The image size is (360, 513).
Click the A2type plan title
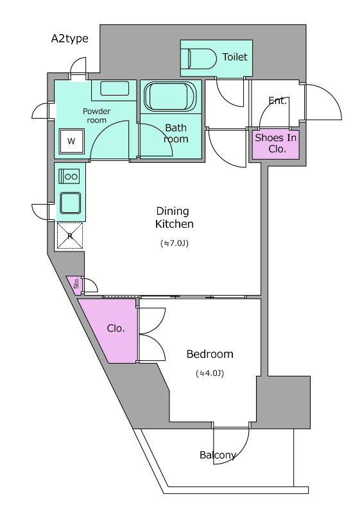[70, 38]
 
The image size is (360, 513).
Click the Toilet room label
[235, 57]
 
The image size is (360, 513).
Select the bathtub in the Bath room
[170, 96]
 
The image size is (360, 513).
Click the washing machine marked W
[72, 141]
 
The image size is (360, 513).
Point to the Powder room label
[96, 115]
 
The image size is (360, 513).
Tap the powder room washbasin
[114, 88]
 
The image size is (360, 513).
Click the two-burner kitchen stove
[69, 176]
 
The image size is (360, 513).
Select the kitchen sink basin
[70, 203]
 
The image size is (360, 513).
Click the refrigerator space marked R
[70, 235]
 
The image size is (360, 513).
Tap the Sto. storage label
[76, 283]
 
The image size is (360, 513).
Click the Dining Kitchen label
[174, 217]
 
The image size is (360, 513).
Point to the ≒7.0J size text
[175, 244]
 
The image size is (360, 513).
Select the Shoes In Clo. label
[275, 143]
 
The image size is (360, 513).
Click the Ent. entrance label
[277, 101]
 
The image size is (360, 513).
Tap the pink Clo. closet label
[116, 328]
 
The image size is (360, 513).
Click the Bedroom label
[210, 354]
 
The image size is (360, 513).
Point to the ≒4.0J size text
[210, 373]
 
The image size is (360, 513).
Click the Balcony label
[218, 455]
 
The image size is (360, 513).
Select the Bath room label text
[176, 133]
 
